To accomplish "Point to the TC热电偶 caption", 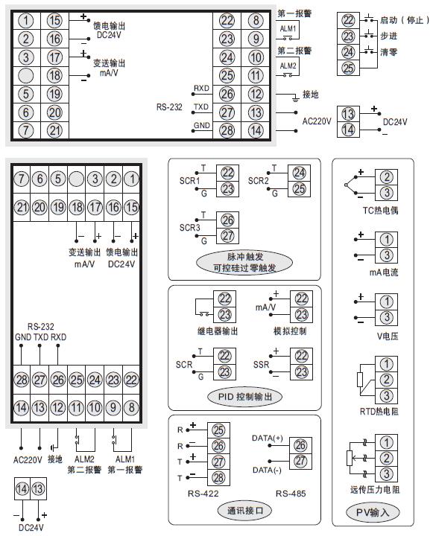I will coord(380,211).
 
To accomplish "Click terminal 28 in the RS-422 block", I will coord(219,476).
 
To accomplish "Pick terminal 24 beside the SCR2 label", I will coord(299,172).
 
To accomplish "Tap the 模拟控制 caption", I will coord(291,331).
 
